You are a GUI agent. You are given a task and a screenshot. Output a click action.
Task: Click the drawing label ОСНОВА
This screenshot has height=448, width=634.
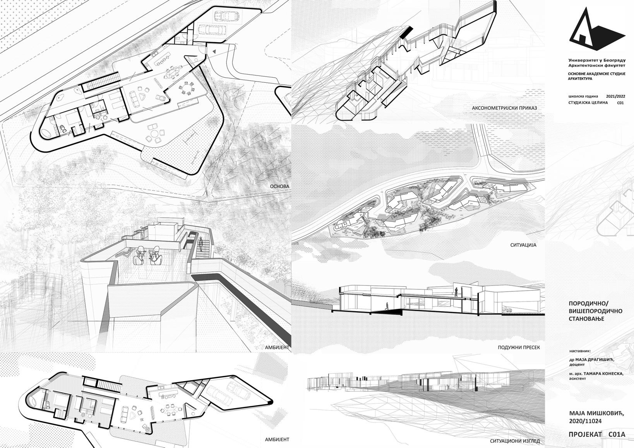[x=279, y=186]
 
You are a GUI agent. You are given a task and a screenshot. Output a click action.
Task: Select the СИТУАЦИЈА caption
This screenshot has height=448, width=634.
[x=523, y=245]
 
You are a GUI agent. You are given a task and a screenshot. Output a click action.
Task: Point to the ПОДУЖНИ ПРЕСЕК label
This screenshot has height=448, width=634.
[x=519, y=347]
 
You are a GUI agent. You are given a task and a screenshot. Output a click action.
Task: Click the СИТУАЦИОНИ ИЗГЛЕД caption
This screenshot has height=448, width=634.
[x=514, y=441]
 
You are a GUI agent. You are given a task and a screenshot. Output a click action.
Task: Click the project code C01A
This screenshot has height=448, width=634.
[x=617, y=434]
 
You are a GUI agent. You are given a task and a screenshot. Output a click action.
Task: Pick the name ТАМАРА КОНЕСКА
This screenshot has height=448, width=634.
[x=605, y=374]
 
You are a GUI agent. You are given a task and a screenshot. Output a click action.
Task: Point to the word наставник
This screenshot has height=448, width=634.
[x=580, y=351]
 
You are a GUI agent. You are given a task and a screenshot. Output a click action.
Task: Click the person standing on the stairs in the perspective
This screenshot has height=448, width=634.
[x=201, y=244]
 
